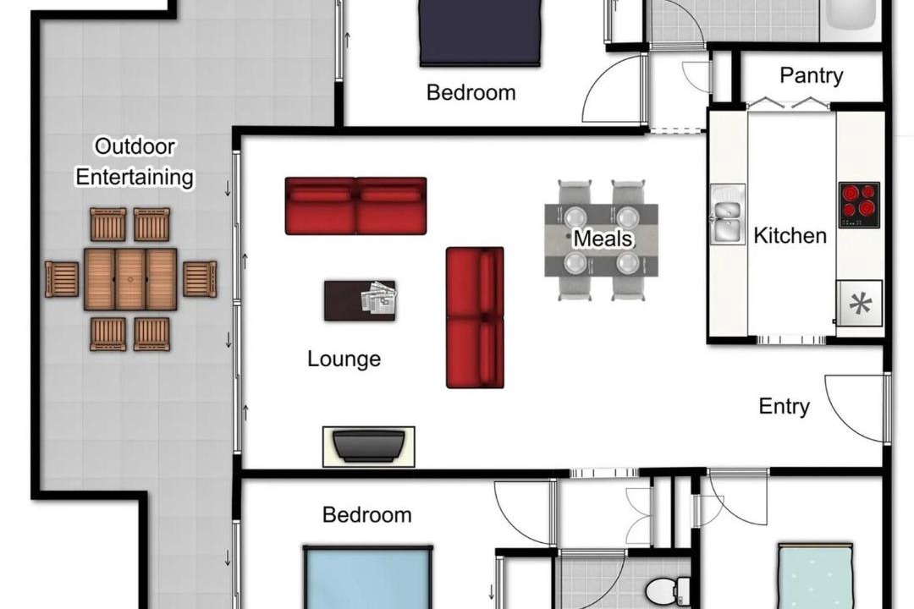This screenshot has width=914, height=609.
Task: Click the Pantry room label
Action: [811, 76]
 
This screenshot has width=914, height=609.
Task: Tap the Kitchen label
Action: [790, 235]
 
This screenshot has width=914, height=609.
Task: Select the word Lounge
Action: [344, 359]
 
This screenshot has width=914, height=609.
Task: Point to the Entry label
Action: [784, 406]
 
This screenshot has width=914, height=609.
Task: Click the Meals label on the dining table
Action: [603, 239]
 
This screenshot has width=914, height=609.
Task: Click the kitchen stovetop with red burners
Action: [859, 206]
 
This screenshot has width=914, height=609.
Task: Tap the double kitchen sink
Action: [727, 214]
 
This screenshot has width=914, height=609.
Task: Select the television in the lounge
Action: [368, 447]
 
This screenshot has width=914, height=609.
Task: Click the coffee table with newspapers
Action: [360, 301]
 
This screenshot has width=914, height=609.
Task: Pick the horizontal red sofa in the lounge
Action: [355, 206]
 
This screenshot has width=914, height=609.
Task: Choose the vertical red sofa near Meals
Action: [475, 318]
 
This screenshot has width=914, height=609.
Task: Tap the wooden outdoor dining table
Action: [130, 279]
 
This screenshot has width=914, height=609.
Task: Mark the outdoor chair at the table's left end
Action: [62, 279]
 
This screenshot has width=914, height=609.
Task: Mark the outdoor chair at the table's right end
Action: [200, 279]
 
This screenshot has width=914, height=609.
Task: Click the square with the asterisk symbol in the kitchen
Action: [860, 304]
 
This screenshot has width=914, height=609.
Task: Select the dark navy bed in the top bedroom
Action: [480, 32]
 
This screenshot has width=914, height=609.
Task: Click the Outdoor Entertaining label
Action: [135, 162]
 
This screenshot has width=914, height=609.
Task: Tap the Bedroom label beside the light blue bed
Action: [366, 514]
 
